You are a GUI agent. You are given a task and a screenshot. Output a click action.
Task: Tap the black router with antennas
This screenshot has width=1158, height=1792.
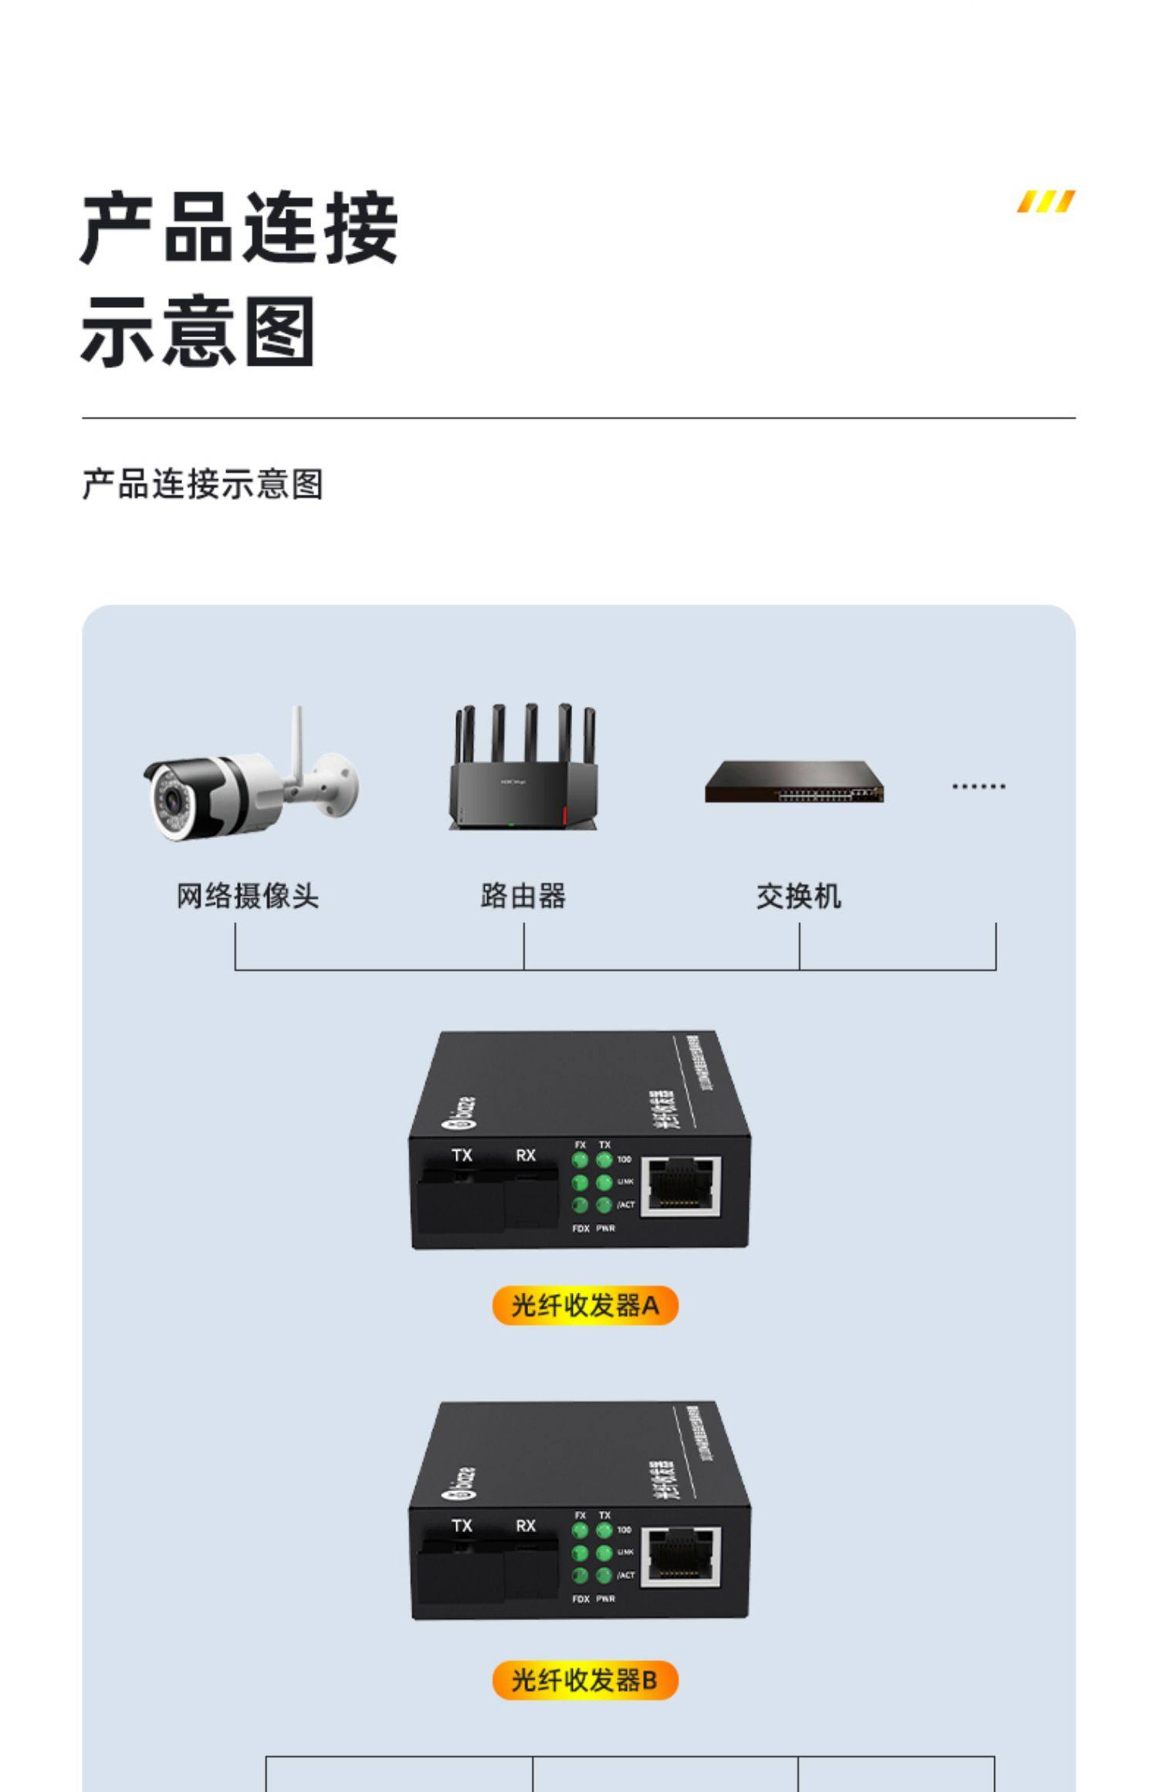tap(524, 772)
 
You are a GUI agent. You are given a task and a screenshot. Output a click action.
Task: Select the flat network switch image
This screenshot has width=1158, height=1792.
tap(794, 781)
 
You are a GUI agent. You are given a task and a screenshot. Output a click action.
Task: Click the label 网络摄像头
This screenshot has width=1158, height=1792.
tap(247, 896)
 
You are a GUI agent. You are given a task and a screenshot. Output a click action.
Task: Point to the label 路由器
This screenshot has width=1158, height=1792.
tap(523, 896)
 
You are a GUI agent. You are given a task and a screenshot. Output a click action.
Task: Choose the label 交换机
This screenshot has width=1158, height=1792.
tap(798, 896)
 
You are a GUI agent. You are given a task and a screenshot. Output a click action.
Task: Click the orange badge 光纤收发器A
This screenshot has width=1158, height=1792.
tap(585, 1305)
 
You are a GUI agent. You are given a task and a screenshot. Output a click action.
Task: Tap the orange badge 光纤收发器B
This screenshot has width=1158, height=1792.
tap(585, 1679)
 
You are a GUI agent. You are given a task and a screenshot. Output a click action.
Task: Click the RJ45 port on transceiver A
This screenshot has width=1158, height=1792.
tap(681, 1185)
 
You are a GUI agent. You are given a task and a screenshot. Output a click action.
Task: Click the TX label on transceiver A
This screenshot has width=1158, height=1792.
tap(462, 1155)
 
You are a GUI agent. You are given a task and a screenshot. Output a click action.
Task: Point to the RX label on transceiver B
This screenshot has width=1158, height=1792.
tap(526, 1526)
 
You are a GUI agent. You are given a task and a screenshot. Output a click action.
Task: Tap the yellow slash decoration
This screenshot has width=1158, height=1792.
tap(1045, 201)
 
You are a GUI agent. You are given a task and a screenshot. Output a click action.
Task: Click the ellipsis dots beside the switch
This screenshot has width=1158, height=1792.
tap(978, 786)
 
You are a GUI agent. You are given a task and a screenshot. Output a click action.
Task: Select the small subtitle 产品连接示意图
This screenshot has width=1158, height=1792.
tap(202, 485)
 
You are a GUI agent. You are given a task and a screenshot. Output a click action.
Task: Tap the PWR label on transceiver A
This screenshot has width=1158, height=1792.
tap(605, 1228)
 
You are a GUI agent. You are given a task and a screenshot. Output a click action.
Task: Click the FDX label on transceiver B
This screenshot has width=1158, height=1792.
tap(581, 1598)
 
